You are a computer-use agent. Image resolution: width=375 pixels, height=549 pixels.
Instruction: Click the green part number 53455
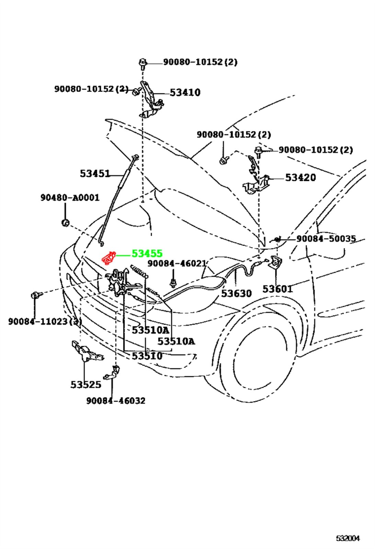click(x=147, y=254)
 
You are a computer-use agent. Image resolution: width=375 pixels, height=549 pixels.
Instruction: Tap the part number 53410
click(x=185, y=92)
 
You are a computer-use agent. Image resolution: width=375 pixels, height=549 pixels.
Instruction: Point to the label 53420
click(x=300, y=177)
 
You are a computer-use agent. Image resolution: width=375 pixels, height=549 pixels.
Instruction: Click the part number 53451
click(x=95, y=174)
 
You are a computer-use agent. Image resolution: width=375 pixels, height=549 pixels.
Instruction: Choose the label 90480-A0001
click(x=70, y=198)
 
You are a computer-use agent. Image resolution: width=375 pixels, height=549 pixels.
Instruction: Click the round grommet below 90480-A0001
click(x=65, y=223)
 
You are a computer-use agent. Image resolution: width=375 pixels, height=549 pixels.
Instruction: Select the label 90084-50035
click(x=326, y=238)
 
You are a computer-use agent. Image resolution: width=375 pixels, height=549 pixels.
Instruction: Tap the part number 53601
click(x=277, y=289)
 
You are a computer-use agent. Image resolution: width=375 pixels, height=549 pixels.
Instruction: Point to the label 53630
click(x=236, y=293)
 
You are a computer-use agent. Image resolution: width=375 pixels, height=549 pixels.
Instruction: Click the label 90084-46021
click(x=177, y=264)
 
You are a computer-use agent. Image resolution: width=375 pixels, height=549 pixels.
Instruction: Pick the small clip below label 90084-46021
click(x=173, y=283)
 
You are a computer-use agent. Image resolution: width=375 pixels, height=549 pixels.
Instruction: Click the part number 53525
click(x=86, y=385)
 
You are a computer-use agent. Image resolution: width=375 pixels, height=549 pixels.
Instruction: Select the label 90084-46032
click(x=116, y=401)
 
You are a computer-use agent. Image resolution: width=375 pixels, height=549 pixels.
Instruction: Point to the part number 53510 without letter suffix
click(x=147, y=356)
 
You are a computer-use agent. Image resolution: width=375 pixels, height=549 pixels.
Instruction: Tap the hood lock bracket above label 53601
click(x=276, y=262)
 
